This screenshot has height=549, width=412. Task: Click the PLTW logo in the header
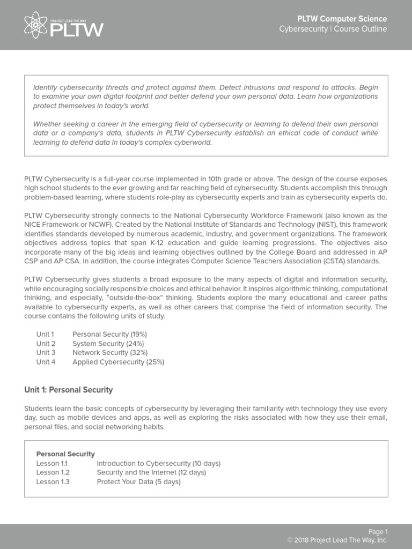click(x=64, y=25)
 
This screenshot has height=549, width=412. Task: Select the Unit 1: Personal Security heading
click(x=69, y=390)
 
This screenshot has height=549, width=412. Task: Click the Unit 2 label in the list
click(x=46, y=344)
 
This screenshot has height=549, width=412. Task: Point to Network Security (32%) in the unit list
click(x=110, y=353)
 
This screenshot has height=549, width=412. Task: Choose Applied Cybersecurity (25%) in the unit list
click(x=118, y=362)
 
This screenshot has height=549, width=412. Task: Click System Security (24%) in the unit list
click(x=108, y=344)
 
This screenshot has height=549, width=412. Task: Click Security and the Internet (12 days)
click(x=151, y=472)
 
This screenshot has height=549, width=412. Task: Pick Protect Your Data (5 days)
click(x=138, y=481)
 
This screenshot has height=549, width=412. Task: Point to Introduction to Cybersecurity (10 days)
click(x=158, y=463)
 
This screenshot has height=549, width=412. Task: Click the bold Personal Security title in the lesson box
click(x=65, y=454)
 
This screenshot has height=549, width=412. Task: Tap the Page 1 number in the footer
click(x=378, y=532)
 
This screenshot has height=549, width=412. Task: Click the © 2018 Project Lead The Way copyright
click(x=337, y=540)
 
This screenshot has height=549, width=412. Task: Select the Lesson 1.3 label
click(x=53, y=481)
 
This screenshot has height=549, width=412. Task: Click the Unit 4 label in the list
click(x=46, y=362)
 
